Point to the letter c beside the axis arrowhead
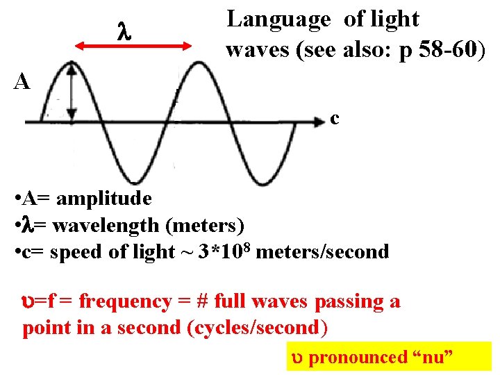334,119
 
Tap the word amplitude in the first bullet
104,199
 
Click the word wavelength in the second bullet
99,226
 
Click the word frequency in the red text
124,301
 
